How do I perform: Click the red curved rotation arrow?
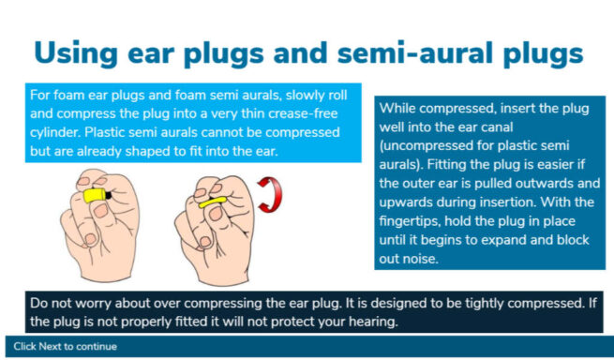pyautogui.click(x=273, y=195)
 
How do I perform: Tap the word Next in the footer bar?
pyautogui.click(x=49, y=347)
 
